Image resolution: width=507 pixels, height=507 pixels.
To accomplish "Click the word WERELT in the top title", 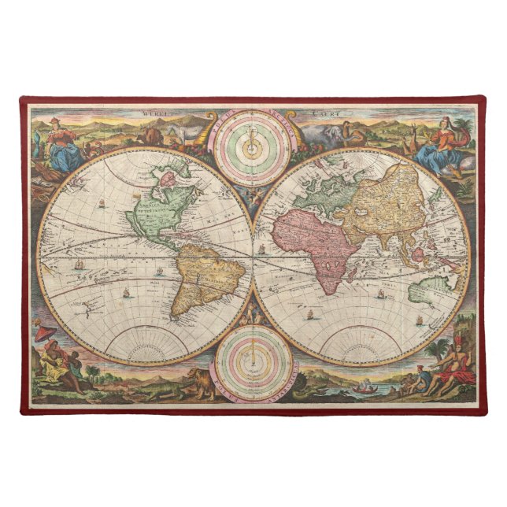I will tap(157, 113).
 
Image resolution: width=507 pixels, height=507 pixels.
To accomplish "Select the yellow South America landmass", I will tap(208, 279).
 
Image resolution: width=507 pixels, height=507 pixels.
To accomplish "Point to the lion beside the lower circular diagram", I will tap(200, 381).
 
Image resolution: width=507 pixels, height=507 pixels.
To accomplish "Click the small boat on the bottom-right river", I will tap(363, 387).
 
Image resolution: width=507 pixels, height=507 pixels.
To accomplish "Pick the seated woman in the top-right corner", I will tap(441, 146).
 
